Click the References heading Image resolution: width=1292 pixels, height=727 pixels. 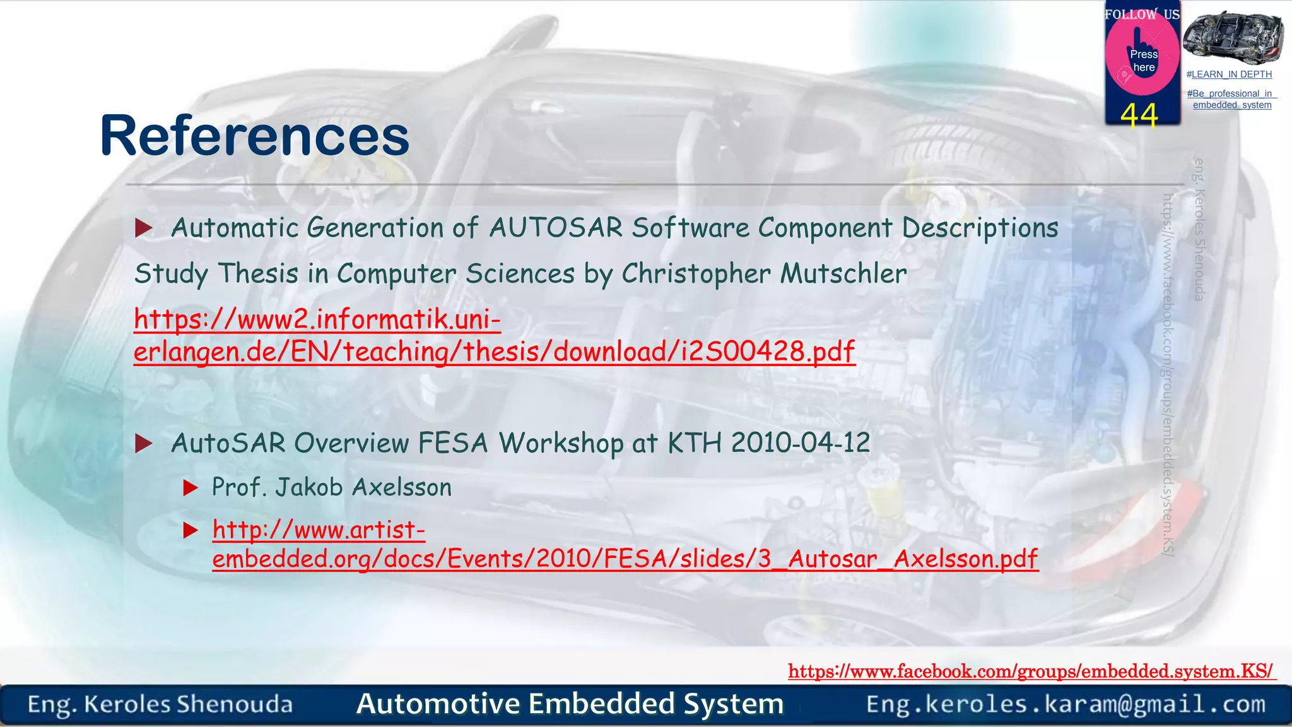(254, 136)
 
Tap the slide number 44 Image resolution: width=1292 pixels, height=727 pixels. (1139, 115)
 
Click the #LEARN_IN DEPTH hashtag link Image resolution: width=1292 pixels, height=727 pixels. (1229, 74)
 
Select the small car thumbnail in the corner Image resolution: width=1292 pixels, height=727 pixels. (1232, 36)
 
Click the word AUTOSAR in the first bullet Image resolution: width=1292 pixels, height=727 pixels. (556, 228)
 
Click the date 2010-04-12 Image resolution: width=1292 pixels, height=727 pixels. (801, 443)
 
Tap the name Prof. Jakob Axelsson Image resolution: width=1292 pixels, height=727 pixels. (332, 488)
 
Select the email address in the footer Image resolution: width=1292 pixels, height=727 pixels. (1065, 704)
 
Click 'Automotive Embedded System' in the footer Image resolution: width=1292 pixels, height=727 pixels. (570, 704)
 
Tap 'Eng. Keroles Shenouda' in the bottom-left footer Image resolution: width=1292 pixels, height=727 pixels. (160, 704)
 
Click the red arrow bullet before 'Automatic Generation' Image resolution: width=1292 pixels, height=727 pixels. (144, 228)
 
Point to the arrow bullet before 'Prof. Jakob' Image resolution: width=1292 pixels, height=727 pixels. (191, 488)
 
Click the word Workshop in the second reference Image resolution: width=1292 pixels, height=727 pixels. (561, 443)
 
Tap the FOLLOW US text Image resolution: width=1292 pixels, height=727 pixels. (1141, 14)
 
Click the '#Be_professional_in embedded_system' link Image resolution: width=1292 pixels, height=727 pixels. (1231, 99)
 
